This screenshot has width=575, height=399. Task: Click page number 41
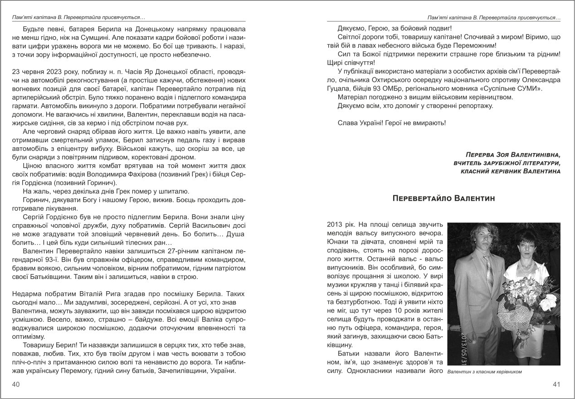click(557, 385)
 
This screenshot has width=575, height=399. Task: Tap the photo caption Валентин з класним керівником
click(484, 372)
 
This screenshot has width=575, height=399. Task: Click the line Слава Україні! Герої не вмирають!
click(392, 123)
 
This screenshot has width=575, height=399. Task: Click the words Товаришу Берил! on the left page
click(46, 346)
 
